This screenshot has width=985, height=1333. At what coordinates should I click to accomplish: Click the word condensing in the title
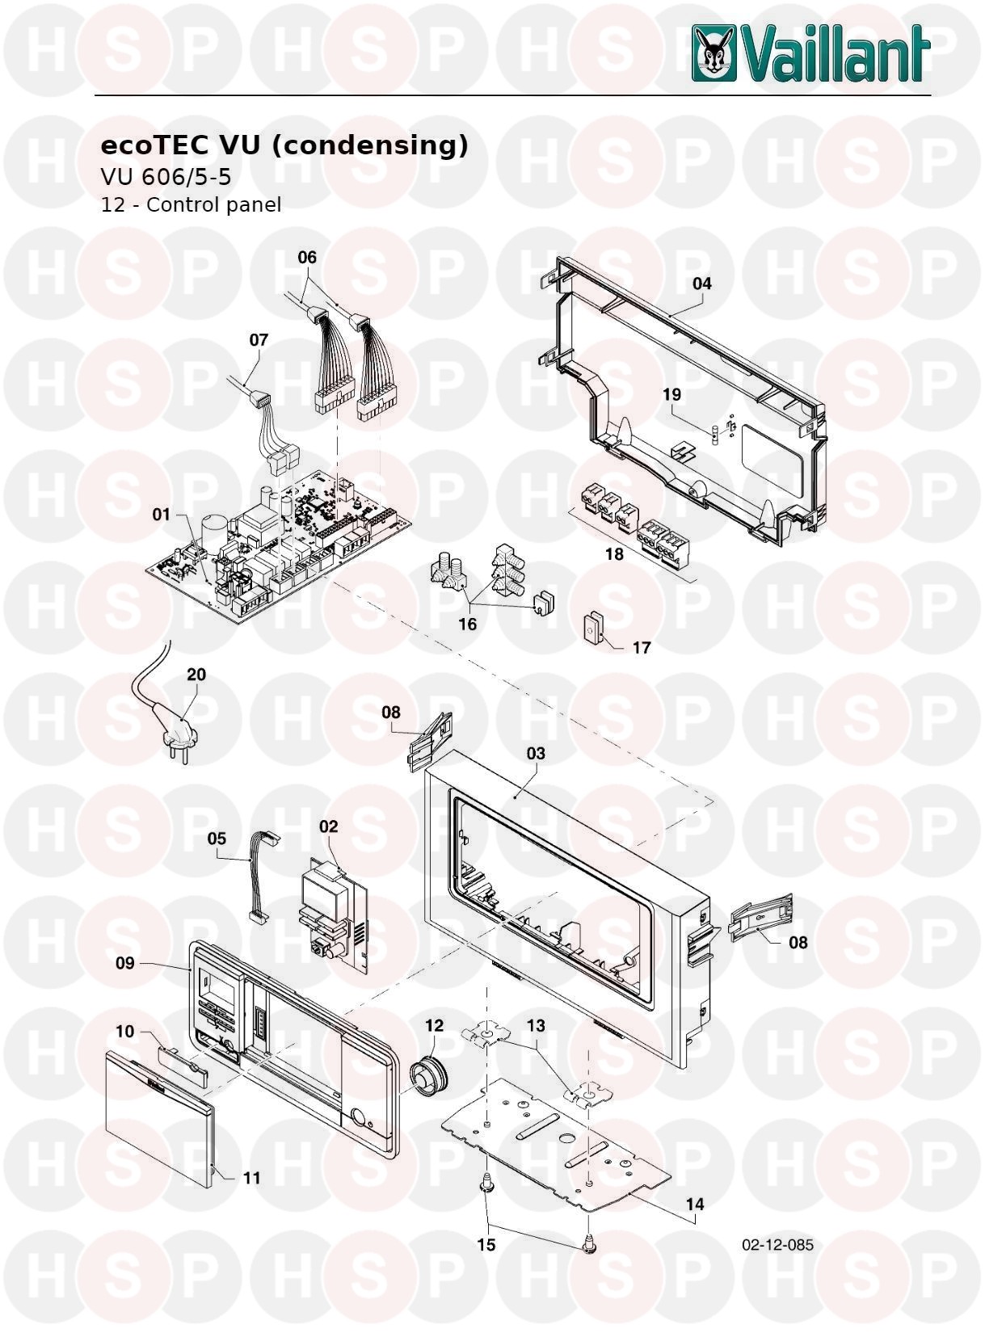(x=370, y=145)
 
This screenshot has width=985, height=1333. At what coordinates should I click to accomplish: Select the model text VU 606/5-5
(x=166, y=177)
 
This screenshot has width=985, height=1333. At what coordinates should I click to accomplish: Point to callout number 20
(x=196, y=675)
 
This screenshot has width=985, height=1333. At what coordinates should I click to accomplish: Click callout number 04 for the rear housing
(x=701, y=284)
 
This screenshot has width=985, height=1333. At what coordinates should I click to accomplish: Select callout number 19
(x=671, y=395)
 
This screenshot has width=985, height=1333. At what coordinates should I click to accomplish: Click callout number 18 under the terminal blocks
(x=614, y=553)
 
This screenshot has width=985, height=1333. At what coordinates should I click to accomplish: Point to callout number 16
(x=467, y=624)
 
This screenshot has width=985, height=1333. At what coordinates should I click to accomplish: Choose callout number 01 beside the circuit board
(x=161, y=515)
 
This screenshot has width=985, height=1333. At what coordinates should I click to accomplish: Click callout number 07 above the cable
(x=259, y=340)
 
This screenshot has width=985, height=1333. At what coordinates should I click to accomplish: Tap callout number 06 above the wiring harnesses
(x=307, y=257)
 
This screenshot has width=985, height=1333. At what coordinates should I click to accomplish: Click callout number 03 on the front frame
(x=535, y=754)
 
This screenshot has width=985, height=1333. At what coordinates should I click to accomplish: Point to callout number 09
(x=125, y=963)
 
